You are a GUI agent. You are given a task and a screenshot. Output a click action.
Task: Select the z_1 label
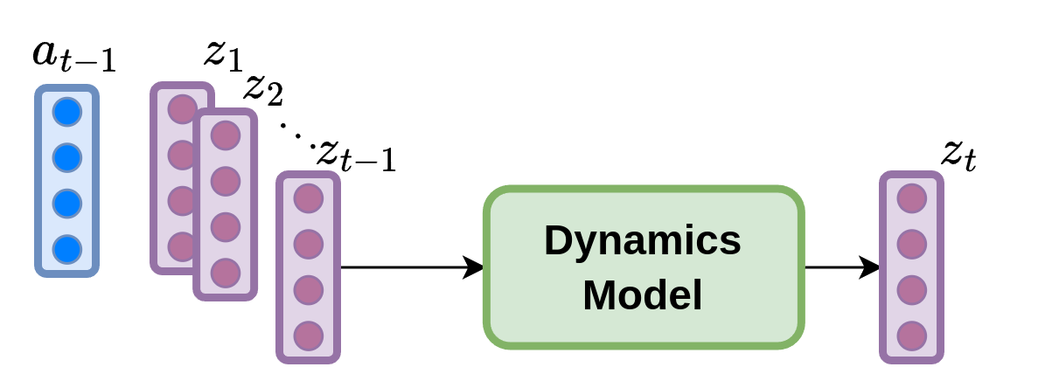pos(222,54)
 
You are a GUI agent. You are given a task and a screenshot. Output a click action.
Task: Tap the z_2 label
pos(263,88)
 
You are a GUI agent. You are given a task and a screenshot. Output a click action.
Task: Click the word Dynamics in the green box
pos(643,241)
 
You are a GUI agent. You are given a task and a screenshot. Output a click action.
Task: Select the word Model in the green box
pos(643,295)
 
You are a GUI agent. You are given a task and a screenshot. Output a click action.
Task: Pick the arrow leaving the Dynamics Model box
pos(843,267)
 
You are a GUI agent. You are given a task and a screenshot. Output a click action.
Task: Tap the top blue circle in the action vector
pos(67,112)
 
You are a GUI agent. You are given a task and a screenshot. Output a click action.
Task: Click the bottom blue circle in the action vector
pos(67,250)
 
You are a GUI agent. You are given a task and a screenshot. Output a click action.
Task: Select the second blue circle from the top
pos(67,158)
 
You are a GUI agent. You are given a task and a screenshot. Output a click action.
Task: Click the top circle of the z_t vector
pos(912,198)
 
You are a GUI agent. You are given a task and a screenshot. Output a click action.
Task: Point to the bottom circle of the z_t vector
pos(912,336)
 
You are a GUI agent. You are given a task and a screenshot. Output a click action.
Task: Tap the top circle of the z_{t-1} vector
pos(309,198)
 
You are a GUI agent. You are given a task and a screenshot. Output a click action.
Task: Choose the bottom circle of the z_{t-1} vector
pos(309,336)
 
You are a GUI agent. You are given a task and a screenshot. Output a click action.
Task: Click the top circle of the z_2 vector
pos(226,135)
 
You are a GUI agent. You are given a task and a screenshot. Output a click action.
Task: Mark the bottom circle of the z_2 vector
pos(226,273)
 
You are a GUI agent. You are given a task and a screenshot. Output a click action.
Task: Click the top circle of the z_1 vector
pos(181,109)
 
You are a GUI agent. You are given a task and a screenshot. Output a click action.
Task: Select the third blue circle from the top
pos(67,204)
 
